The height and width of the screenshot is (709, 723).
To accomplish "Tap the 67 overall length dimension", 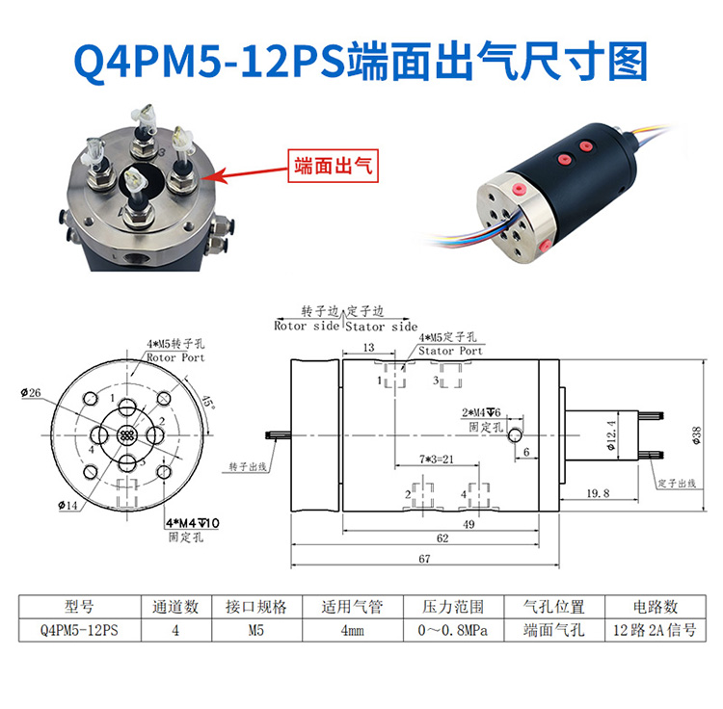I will (x=424, y=559).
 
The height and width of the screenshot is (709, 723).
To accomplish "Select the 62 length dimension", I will (x=442, y=539).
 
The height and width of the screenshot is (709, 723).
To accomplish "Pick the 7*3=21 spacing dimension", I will (x=436, y=460).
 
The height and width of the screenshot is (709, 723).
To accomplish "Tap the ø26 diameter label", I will (x=30, y=393).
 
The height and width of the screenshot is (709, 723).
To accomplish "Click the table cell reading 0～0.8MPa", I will (x=451, y=632).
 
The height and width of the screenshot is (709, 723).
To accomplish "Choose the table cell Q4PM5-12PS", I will (x=79, y=632).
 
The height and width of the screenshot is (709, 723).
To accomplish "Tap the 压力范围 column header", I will (x=451, y=607).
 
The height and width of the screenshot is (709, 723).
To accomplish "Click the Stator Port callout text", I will (x=450, y=352).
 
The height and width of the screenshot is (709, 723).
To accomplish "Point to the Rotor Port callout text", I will (x=175, y=356).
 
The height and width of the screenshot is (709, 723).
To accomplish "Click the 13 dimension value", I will (x=369, y=347).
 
